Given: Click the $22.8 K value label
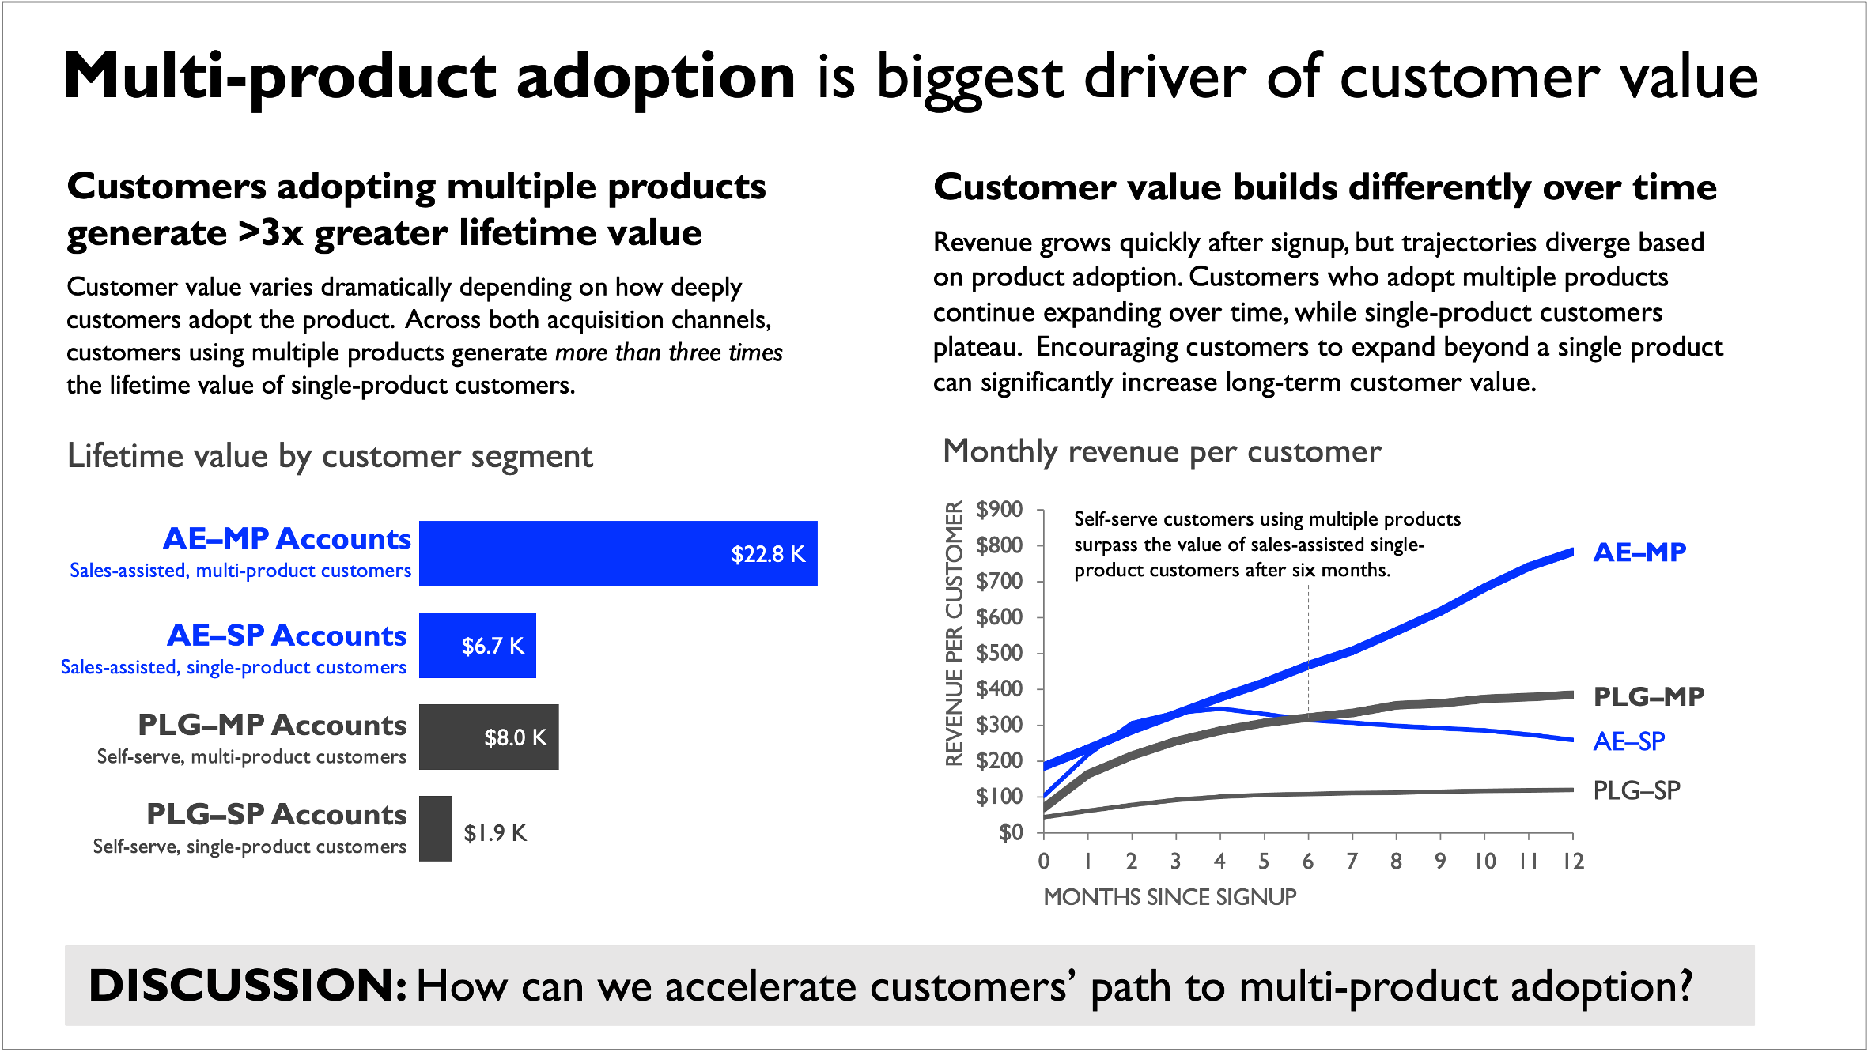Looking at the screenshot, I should pyautogui.click(x=768, y=554).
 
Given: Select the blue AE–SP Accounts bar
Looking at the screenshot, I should pyautogui.click(x=477, y=645).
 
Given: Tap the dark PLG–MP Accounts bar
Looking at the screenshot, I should pyautogui.click(x=488, y=737).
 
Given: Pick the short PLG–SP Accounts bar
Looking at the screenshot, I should pyautogui.click(x=435, y=828).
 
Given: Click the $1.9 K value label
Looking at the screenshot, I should pyautogui.click(x=495, y=833).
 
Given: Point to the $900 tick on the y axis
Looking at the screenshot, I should pyautogui.click(x=999, y=510).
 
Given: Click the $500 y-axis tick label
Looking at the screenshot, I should pyautogui.click(x=999, y=654).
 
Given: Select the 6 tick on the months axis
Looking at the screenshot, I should pyautogui.click(x=1308, y=862).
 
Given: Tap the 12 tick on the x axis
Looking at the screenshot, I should pyautogui.click(x=1573, y=862).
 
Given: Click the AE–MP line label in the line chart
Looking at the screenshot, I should pyautogui.click(x=1639, y=552).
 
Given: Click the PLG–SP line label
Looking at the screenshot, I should pyautogui.click(x=1636, y=790).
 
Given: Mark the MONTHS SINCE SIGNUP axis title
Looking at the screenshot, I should pyautogui.click(x=1170, y=897).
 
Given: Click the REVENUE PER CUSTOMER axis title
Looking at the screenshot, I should pyautogui.click(x=955, y=634).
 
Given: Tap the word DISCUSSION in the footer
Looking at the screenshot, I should pyautogui.click(x=248, y=986).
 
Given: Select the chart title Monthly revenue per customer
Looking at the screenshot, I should pyautogui.click(x=1162, y=451).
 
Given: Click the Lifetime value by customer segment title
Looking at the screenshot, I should pyautogui.click(x=330, y=456).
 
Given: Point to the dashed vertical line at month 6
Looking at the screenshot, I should pyautogui.click(x=1308, y=648).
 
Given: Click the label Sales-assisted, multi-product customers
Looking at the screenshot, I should pyautogui.click(x=240, y=571).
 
